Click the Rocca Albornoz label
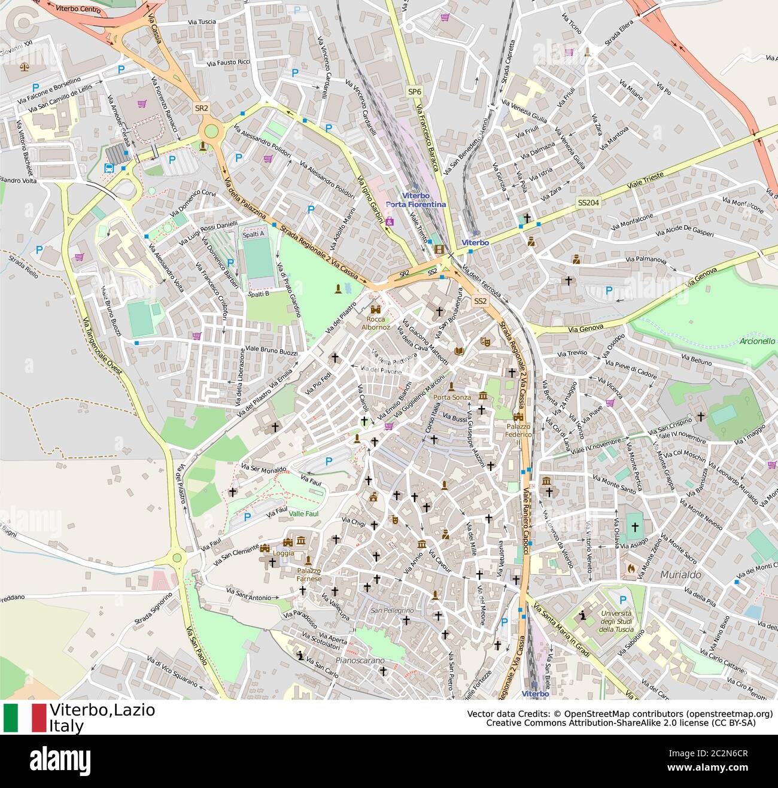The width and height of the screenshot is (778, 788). coord(375,324)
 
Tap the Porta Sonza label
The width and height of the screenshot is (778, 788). coord(452,397)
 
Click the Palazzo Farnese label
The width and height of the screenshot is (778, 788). coord(309,575)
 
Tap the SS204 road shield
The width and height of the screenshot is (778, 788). coord(588,203)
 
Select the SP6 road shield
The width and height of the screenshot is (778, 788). coord(414,92)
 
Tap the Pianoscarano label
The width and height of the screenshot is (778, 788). coord(360,661)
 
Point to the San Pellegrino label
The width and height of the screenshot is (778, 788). coord(392,610)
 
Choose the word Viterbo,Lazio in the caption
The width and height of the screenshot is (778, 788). coord(102,710)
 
